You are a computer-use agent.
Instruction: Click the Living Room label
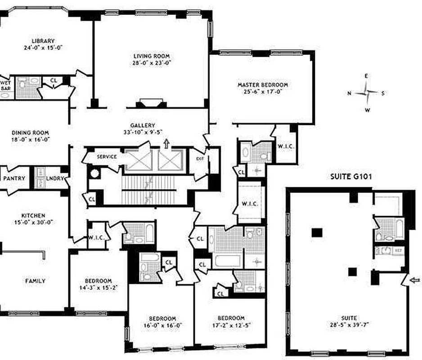click(x=151, y=56)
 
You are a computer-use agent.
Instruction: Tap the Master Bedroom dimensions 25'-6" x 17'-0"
click(x=262, y=92)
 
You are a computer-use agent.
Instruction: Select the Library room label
click(x=43, y=40)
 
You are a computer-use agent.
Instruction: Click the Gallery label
click(x=143, y=126)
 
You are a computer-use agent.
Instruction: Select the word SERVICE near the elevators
click(x=107, y=157)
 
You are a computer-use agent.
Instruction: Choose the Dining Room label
click(x=31, y=133)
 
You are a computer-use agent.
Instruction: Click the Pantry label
click(x=14, y=179)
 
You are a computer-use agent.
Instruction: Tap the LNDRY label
click(x=55, y=179)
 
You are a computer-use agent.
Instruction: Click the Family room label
click(x=35, y=281)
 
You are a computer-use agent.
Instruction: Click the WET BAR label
click(x=6, y=85)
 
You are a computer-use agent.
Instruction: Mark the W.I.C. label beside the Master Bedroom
click(x=286, y=146)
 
